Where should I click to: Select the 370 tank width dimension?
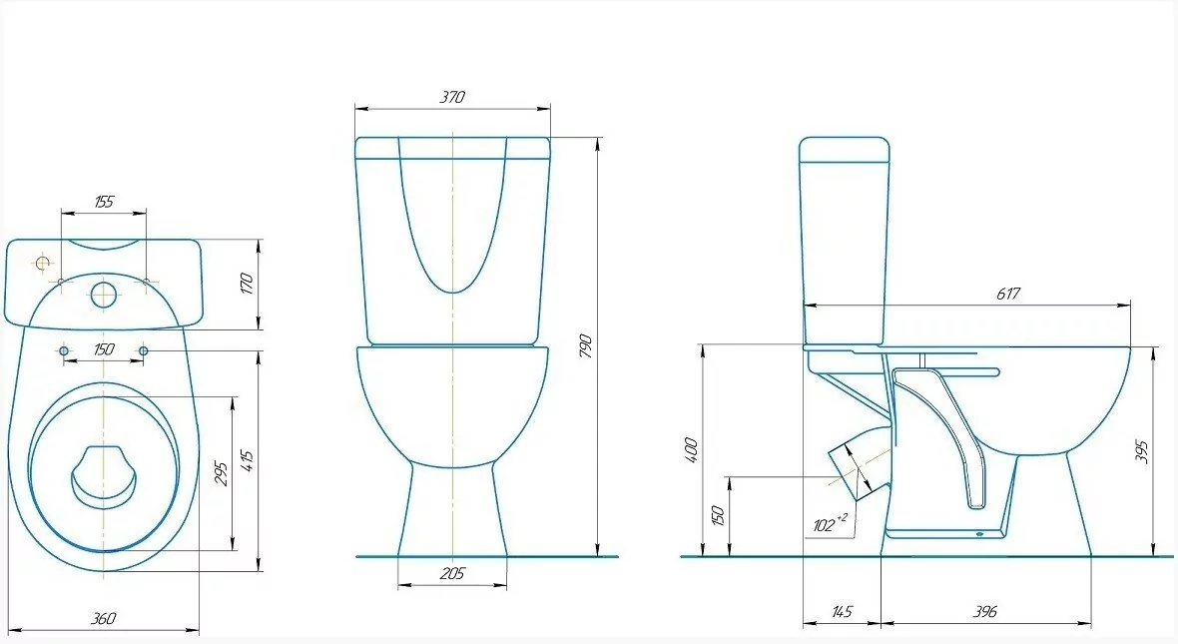[452, 96]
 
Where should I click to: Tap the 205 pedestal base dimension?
[451, 574]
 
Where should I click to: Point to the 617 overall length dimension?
[1008, 294]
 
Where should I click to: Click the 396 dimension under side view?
[984, 612]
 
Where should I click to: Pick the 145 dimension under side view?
[842, 612]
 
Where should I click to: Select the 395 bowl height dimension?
[1143, 451]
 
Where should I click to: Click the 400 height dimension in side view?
[692, 449]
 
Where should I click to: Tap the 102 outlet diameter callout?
[830, 523]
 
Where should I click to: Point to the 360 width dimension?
[103, 618]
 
